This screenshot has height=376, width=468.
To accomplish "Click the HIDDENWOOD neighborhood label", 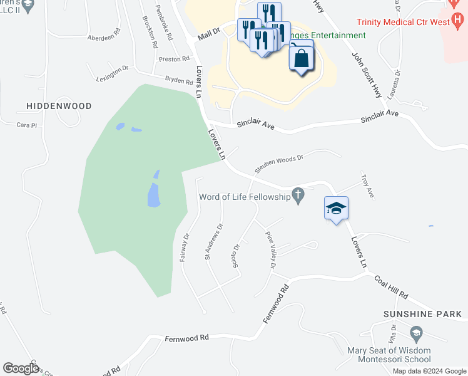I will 59,106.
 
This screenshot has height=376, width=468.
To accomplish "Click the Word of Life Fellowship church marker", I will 298,197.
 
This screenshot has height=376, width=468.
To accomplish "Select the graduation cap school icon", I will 336,208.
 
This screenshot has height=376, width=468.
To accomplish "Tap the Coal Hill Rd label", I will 391,287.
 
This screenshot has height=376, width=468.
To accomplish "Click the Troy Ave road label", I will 367,187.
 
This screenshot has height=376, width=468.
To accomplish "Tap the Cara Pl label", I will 28,125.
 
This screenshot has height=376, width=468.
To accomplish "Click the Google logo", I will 21,368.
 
